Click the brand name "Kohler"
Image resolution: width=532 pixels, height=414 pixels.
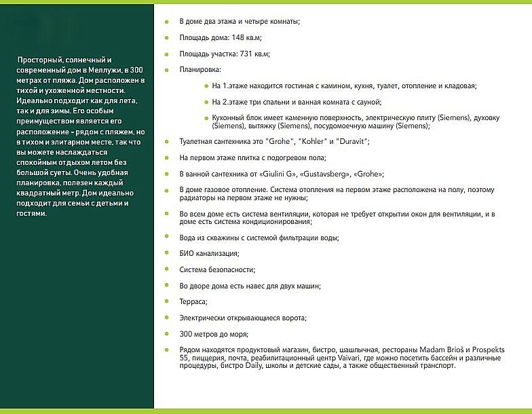294,141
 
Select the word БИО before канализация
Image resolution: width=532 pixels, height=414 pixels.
187,253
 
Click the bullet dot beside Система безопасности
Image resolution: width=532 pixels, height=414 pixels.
168,269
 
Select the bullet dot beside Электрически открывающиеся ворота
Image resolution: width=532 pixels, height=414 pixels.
168,318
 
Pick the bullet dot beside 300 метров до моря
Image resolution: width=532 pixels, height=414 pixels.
168,333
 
